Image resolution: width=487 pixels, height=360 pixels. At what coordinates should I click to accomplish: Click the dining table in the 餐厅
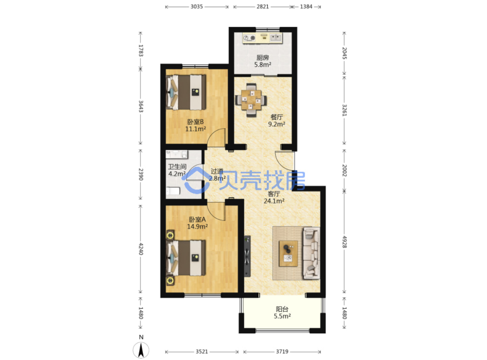tap(251, 100)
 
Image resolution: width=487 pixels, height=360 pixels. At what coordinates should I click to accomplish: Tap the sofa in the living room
tap(312, 253)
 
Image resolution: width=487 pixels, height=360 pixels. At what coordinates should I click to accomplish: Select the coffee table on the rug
tap(288, 253)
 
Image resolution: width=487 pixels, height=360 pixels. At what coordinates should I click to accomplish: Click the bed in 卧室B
tap(186, 92)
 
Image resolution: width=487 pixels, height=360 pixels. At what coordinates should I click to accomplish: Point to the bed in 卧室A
tap(186, 258)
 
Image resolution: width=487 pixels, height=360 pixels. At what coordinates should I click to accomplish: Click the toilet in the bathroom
tap(173, 191)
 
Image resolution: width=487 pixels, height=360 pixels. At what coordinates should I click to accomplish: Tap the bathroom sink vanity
tap(177, 154)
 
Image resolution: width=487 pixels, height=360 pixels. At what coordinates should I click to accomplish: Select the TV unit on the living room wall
tap(247, 256)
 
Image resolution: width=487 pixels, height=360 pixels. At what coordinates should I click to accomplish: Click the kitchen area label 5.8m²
tap(263, 65)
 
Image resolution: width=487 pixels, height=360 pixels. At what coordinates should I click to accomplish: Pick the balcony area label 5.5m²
tap(282, 316)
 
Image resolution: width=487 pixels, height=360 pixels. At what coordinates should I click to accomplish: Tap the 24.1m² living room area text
tap(274, 201)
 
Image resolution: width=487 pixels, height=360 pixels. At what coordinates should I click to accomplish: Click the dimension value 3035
tap(197, 7)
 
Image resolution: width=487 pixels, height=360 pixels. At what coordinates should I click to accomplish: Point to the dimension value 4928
tap(344, 242)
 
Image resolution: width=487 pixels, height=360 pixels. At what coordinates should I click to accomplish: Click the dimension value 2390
tap(141, 174)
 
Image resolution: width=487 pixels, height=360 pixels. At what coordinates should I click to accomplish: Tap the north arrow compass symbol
tap(141, 350)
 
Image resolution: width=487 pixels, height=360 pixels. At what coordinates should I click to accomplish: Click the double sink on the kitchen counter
tap(275, 38)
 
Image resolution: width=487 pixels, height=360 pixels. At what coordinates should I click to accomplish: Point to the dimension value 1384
tap(306, 7)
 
